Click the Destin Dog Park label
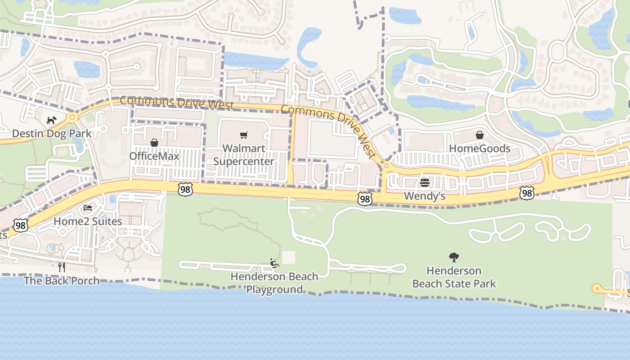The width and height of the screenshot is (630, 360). point(51,134)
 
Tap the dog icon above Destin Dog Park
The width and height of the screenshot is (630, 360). point(51,121)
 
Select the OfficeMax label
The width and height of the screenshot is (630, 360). point(154,156)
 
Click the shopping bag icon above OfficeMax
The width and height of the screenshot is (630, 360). point(154,143)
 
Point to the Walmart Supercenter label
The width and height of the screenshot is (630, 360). point(243,155)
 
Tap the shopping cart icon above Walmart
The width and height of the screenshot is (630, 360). point(244,135)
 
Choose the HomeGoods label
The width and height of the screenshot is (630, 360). point(480,148)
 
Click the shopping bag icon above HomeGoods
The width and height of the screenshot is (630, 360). point(480,135)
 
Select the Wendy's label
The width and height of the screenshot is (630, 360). point(424,196)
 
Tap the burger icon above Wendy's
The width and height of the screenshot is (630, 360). point(425,183)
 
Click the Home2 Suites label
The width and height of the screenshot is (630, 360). point(88,221)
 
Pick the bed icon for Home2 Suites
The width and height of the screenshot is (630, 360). point(88,208)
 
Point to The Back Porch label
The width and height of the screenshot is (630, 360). point(62,281)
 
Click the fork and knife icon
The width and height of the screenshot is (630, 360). point(62,267)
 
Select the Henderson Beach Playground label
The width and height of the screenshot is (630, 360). point(274,283)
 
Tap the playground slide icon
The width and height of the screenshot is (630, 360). point(274,263)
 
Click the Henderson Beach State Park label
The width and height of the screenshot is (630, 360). point(454,277)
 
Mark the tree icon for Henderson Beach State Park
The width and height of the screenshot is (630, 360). point(454,257)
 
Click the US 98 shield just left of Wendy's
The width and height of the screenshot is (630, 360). point(365,198)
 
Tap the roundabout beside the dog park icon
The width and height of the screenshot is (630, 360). point(72,118)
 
